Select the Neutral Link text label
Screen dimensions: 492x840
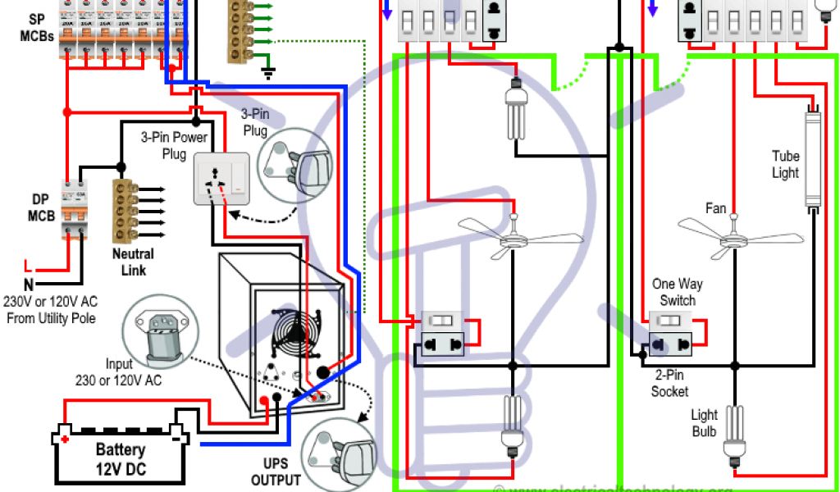coord(133,262)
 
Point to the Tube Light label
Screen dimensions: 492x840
coord(785,164)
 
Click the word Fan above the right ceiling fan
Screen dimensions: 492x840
coord(715,208)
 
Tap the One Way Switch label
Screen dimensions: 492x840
coord(677,292)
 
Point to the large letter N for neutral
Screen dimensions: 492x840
coord(29,285)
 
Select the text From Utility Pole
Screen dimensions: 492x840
coord(51,318)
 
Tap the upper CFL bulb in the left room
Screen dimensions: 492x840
coord(516,111)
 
